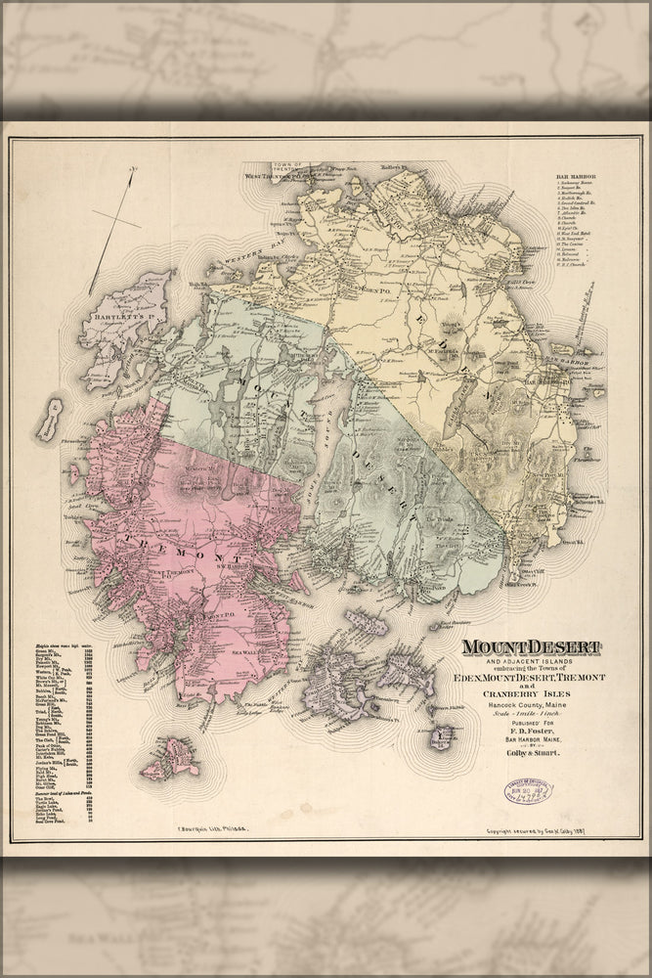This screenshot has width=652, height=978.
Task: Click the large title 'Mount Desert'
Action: click(531, 647)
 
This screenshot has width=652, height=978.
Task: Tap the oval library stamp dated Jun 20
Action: click(528, 790)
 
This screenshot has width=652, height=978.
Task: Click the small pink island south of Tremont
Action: click(170, 757)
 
